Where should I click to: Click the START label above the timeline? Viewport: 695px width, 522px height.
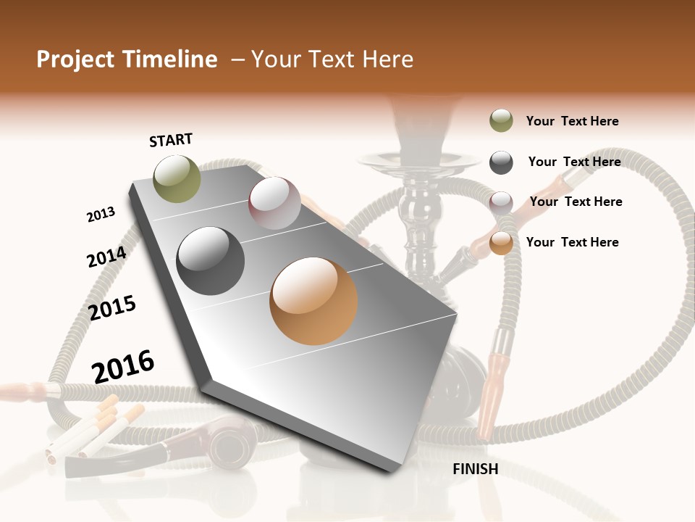tap(171, 140)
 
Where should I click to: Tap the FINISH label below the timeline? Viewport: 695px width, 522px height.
tap(476, 469)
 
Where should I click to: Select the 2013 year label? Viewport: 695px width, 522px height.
tap(101, 214)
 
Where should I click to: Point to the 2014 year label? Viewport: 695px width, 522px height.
tap(106, 257)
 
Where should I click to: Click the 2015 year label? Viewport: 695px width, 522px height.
tap(112, 307)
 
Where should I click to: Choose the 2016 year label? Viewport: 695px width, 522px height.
tap(123, 366)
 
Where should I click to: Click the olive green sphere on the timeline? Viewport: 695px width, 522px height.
tap(177, 178)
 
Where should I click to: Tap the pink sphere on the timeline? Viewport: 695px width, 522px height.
tap(274, 203)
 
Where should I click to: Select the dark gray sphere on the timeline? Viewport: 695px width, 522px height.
tap(211, 261)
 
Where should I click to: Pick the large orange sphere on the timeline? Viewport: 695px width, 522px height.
tap(313, 301)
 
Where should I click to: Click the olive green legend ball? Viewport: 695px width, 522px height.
tap(501, 120)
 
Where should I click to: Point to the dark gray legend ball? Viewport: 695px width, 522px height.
tap(501, 162)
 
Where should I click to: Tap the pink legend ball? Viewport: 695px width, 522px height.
tap(501, 202)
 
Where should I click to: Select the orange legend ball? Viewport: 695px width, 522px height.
tap(501, 243)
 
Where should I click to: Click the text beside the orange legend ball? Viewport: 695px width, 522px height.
tap(572, 242)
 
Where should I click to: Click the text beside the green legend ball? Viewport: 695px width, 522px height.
tap(572, 121)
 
